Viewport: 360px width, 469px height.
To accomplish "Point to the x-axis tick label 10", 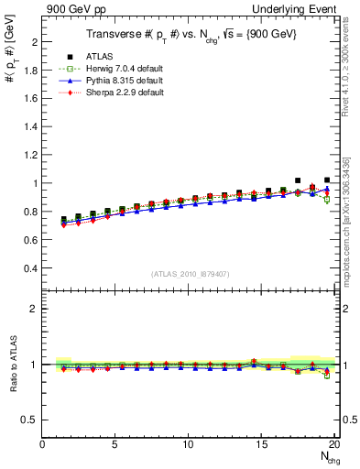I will tap(188, 444).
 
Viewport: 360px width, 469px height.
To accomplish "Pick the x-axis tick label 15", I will tap(261, 444).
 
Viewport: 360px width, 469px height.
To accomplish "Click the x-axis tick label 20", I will tap(333, 444).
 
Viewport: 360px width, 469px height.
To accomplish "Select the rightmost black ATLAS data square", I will tap(327, 180).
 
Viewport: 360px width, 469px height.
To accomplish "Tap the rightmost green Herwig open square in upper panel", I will tap(327, 199).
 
